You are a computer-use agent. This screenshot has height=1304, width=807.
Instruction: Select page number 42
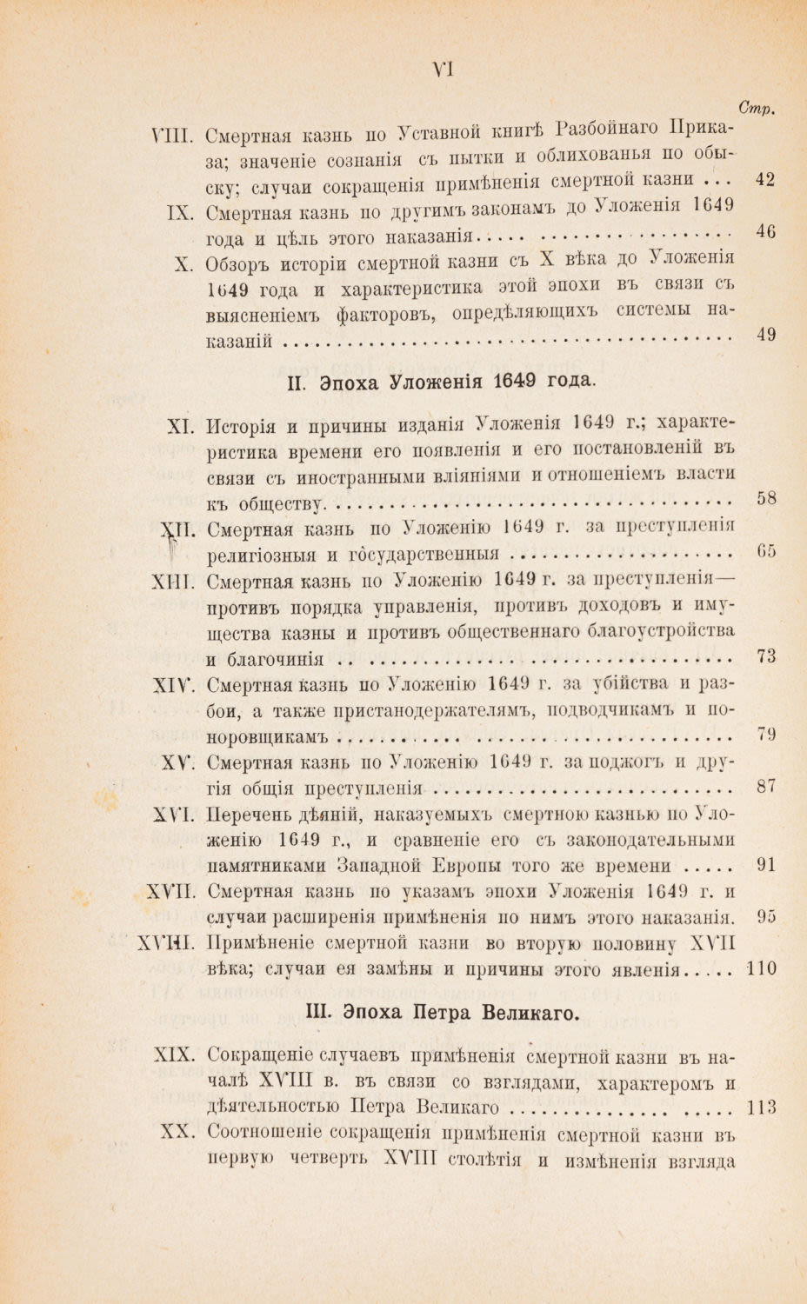point(765,180)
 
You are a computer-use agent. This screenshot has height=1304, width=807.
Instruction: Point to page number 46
point(765,231)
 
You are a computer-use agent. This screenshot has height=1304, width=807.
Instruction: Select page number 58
point(765,499)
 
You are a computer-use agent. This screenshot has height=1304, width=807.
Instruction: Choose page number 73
point(765,656)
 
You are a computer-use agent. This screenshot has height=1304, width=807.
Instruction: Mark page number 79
point(765,735)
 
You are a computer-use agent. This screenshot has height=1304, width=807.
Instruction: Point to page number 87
point(765,788)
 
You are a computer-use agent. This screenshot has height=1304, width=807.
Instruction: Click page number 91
point(765,866)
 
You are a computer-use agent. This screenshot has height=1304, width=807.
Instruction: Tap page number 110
point(762,968)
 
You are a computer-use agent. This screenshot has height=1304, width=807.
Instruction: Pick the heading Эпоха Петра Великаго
point(444,1013)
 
